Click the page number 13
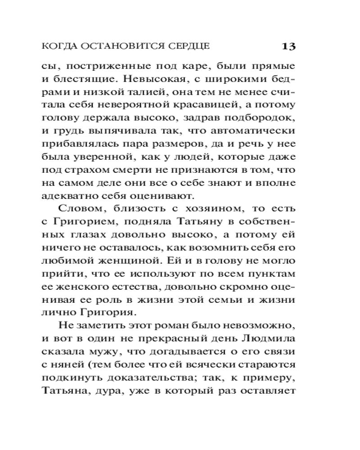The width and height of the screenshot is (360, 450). [x=288, y=46]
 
